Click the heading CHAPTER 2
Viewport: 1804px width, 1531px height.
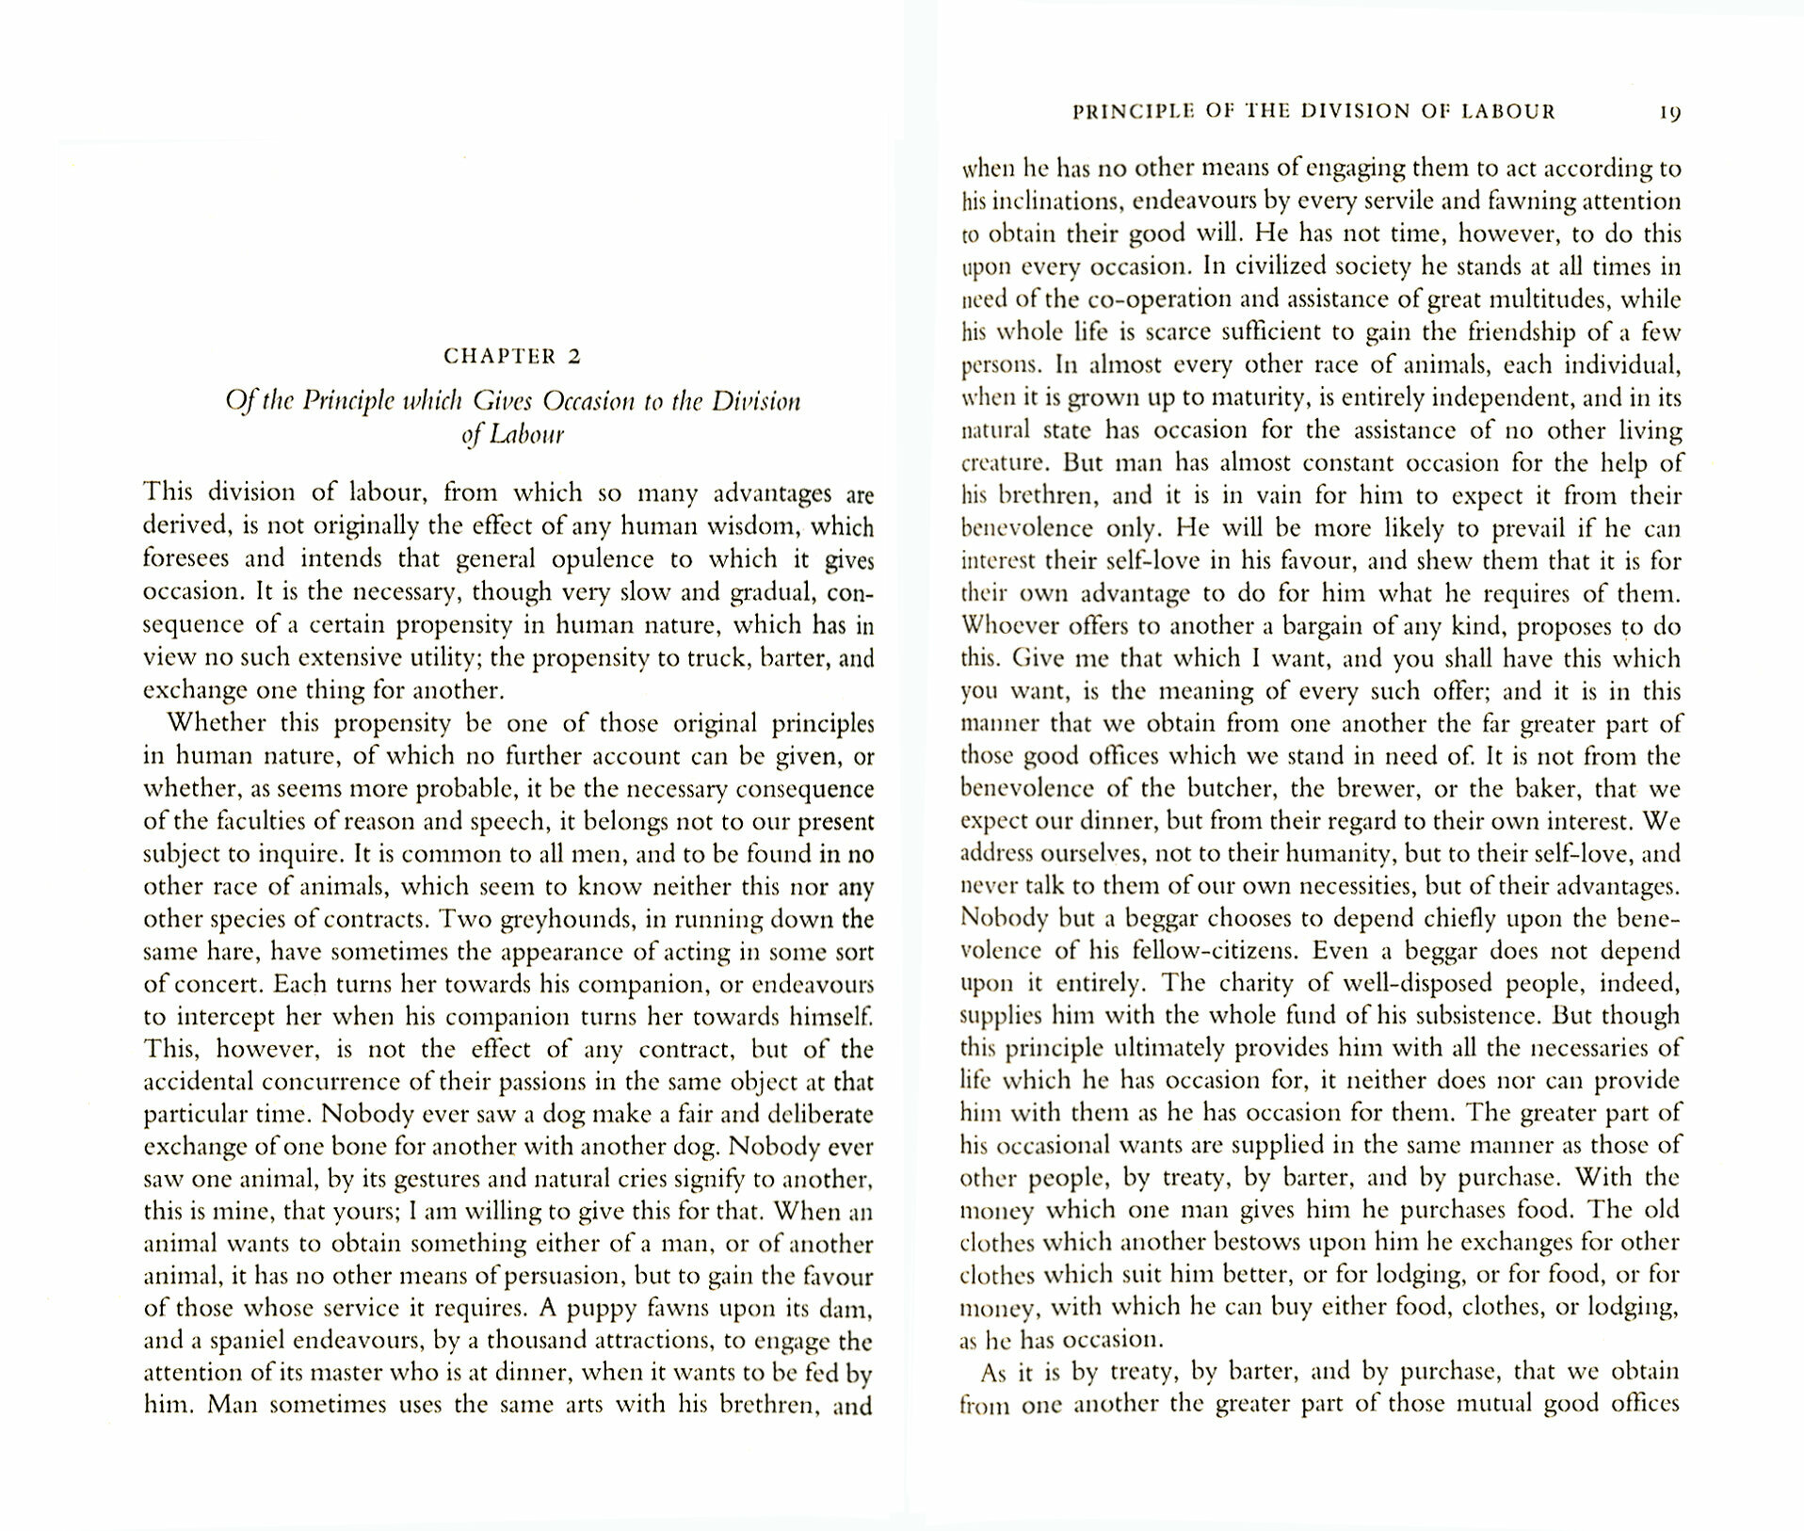[512, 356]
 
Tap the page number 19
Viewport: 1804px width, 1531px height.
[1669, 113]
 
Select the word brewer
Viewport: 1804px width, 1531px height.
[1350, 789]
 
